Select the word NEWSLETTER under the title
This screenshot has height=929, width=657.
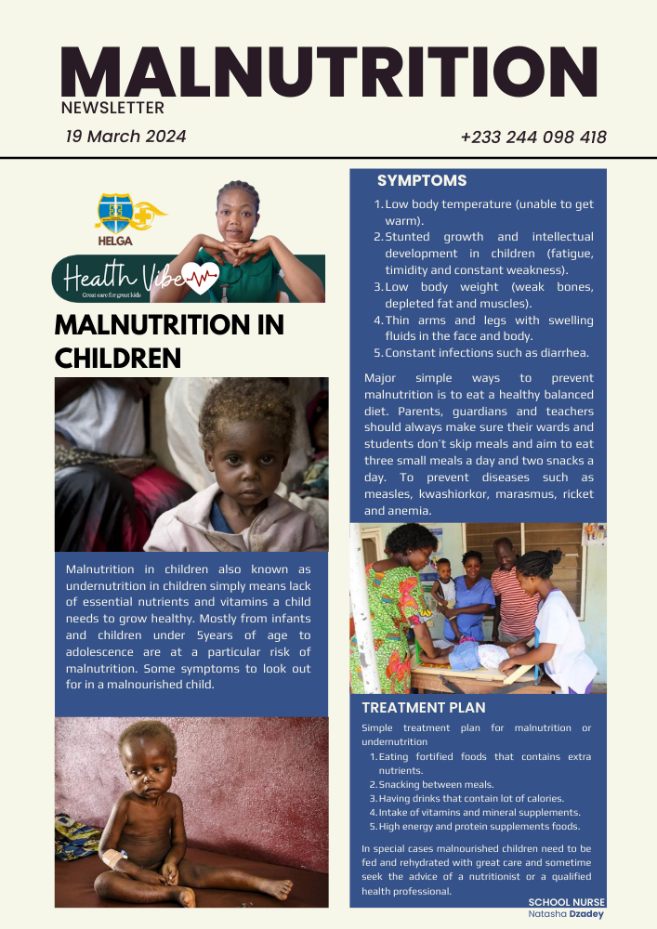tap(112, 108)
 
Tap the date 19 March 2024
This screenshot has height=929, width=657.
tap(125, 137)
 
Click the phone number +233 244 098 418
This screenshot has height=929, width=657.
tap(532, 137)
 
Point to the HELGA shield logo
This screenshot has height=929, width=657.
tap(119, 215)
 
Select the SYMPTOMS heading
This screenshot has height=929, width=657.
tap(422, 181)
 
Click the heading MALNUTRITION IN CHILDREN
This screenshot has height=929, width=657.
tap(169, 341)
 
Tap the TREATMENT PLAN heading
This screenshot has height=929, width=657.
tap(423, 708)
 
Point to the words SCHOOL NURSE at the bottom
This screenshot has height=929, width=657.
tap(566, 902)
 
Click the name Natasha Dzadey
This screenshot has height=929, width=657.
tap(566, 914)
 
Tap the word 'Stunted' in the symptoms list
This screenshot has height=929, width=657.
tap(407, 237)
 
